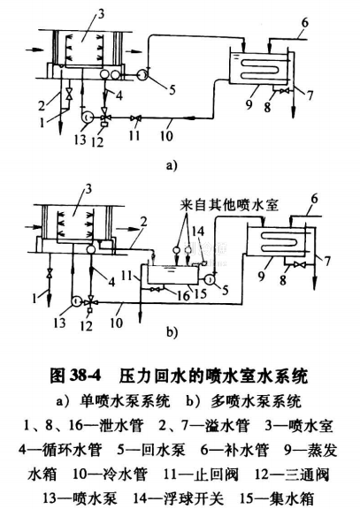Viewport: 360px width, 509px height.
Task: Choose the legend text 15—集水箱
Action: click(x=288, y=489)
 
